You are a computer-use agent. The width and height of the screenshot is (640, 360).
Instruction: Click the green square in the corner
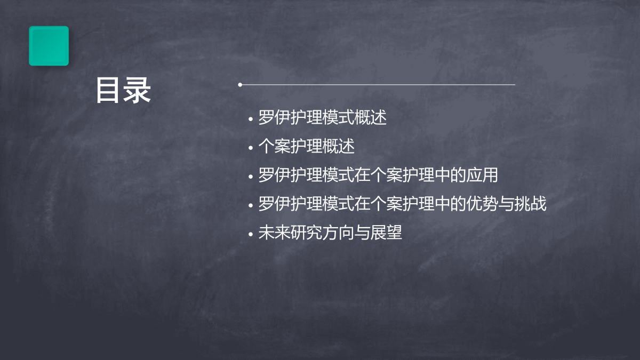click(x=49, y=46)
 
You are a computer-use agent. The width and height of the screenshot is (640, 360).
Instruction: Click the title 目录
click(x=123, y=90)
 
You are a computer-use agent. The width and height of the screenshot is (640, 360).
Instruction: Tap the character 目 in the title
click(x=107, y=90)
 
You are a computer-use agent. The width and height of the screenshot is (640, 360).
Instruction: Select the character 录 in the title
click(x=137, y=90)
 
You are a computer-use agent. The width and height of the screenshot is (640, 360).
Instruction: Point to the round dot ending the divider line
click(x=240, y=85)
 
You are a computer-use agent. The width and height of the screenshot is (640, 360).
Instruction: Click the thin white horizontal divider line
click(x=378, y=85)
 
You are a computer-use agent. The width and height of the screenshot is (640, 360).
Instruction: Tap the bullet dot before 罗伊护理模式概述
click(x=251, y=119)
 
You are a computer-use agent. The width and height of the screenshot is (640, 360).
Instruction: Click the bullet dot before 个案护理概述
click(x=251, y=148)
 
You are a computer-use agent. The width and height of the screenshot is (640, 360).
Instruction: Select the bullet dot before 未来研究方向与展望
click(x=251, y=234)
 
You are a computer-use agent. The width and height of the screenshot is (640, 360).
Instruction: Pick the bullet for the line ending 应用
click(x=251, y=177)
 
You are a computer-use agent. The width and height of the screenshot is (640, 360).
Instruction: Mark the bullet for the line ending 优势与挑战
click(x=251, y=205)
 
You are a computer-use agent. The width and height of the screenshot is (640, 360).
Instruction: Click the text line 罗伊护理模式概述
click(x=322, y=117)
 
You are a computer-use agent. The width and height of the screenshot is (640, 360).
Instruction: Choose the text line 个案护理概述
click(x=306, y=146)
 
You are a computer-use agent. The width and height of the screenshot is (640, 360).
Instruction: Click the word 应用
click(x=482, y=175)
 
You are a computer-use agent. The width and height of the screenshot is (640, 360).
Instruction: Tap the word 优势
click(x=482, y=204)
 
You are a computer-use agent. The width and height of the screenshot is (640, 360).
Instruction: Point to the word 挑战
click(x=530, y=204)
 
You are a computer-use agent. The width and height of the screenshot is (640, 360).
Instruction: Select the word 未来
click(x=274, y=233)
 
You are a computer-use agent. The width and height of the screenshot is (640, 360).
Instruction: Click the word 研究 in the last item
click(x=306, y=233)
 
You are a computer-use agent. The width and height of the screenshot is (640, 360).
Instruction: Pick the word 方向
click(x=338, y=233)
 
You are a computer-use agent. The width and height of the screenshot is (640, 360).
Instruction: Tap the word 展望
click(x=386, y=233)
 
